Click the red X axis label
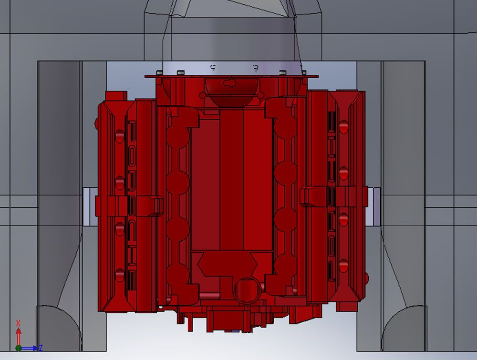tap(18, 323)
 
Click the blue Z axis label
tap(40, 348)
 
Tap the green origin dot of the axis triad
tap(18, 348)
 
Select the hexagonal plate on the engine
tap(227, 264)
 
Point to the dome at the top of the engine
tap(232, 93)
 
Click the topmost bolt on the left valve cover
tap(120, 136)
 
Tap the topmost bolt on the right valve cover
tap(343, 127)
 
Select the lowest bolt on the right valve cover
tap(343, 266)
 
